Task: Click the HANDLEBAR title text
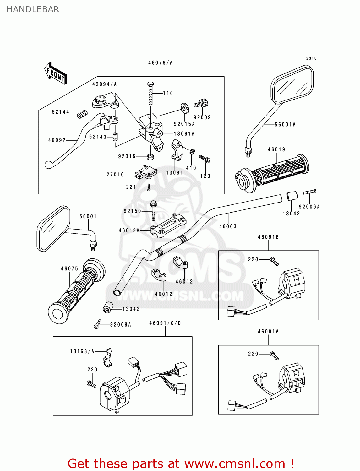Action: tap(33, 9)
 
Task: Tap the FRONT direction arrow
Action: tap(56, 73)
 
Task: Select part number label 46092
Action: tap(57, 140)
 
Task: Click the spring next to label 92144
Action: tap(82, 114)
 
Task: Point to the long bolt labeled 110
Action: tap(150, 93)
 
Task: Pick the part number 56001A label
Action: tap(285, 125)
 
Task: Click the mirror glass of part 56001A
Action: tap(292, 84)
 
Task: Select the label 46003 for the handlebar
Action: tap(228, 226)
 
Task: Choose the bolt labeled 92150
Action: tap(153, 210)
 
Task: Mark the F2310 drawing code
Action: tap(310, 58)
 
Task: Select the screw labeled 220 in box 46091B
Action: tap(274, 261)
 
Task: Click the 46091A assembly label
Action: tap(268, 332)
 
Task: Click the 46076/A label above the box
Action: tap(161, 63)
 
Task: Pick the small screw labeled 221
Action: tap(149, 187)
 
